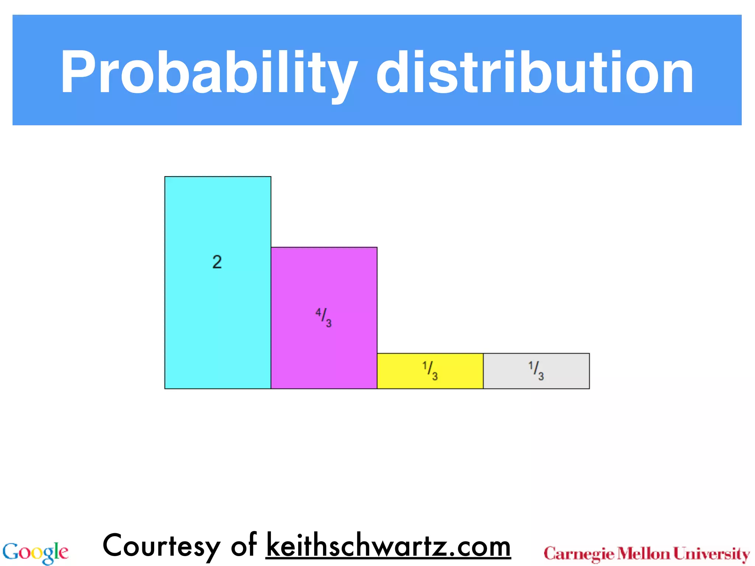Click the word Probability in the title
click(209, 72)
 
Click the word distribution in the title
click(535, 72)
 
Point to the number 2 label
click(217, 262)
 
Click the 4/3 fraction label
click(324, 318)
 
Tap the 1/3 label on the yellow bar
click(430, 370)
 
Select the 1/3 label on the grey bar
click(536, 370)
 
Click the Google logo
click(35, 552)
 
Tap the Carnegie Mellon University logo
click(647, 554)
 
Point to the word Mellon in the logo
click(643, 553)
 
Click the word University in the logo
click(711, 554)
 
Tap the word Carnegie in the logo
click(579, 554)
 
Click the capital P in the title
click(77, 72)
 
